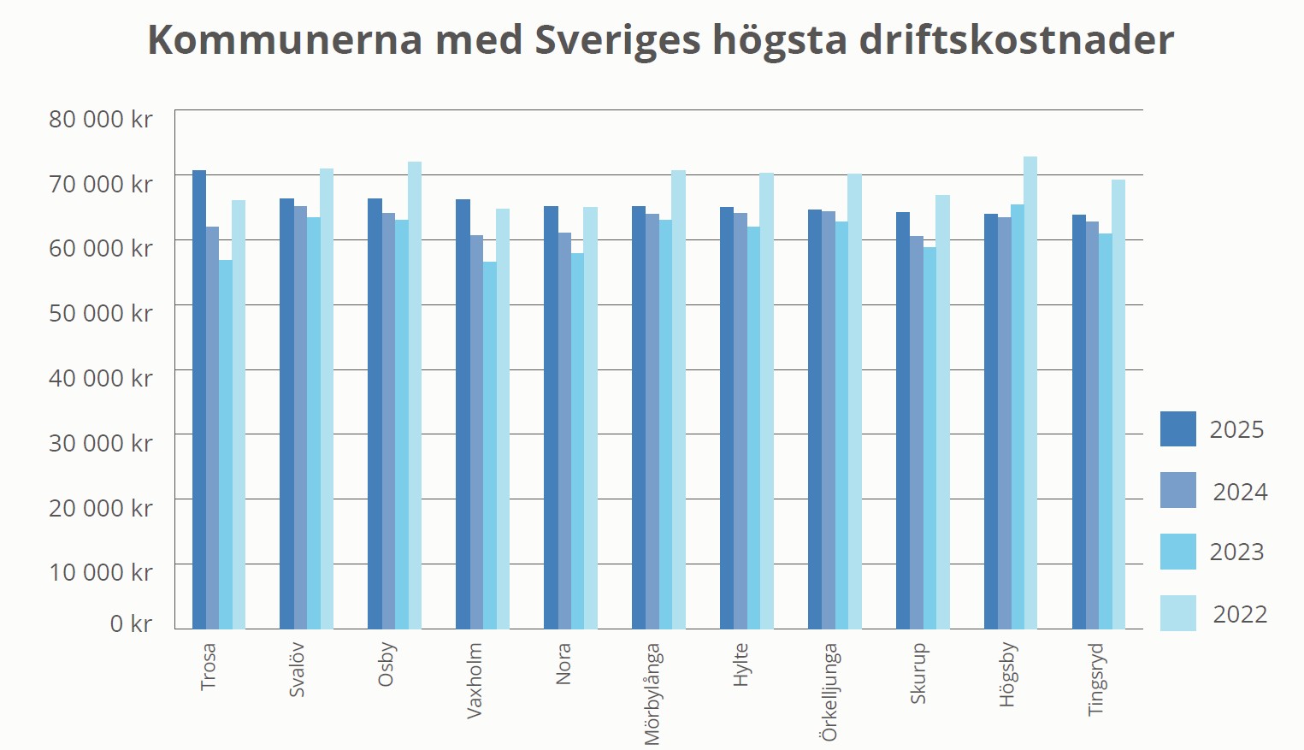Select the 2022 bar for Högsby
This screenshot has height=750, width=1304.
pos(1030,393)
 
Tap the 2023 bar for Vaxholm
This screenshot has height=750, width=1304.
pos(490,445)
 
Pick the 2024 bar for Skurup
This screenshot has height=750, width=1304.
pos(917,432)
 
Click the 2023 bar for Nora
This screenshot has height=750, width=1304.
pos(578,440)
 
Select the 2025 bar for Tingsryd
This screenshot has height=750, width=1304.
pos(1079,422)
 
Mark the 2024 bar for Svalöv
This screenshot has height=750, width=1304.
pos(300,417)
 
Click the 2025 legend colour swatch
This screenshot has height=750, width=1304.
pos(1177,429)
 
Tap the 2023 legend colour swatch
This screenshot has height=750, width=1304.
pos(1177,552)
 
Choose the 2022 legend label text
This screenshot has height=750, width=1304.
pos(1240,614)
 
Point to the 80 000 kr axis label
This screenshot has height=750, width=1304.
pos(101,119)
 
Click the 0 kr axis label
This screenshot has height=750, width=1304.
pos(131,623)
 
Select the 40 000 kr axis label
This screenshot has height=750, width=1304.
pos(101,378)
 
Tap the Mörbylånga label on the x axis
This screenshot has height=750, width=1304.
pos(652,694)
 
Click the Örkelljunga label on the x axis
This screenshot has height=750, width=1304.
pos(829,692)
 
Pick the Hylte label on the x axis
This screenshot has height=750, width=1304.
pos(741,664)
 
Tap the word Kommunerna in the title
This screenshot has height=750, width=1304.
pos(285,40)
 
